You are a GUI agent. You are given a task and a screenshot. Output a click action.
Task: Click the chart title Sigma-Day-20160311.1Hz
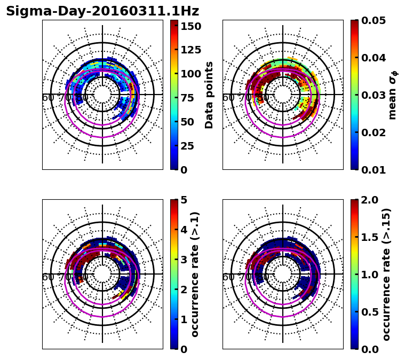coord(102,11)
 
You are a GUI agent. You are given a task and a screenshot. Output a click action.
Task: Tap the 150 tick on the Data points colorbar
coord(190,26)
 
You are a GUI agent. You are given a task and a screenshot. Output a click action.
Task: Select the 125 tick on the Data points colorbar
coord(190,50)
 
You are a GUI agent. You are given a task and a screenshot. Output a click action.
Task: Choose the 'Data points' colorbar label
coord(209,95)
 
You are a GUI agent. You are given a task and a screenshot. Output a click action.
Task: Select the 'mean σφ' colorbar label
coord(392,95)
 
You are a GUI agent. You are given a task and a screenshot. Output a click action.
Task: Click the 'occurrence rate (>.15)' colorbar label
coord(386,274)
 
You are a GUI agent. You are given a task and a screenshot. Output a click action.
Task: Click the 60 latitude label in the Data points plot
coord(47,98)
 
